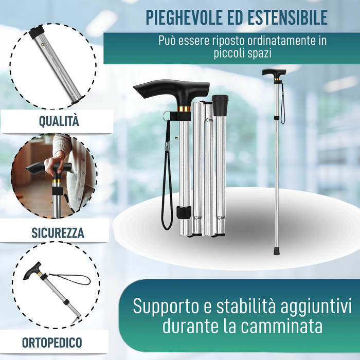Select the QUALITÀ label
click(59, 121)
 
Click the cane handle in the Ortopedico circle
click(32, 273)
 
